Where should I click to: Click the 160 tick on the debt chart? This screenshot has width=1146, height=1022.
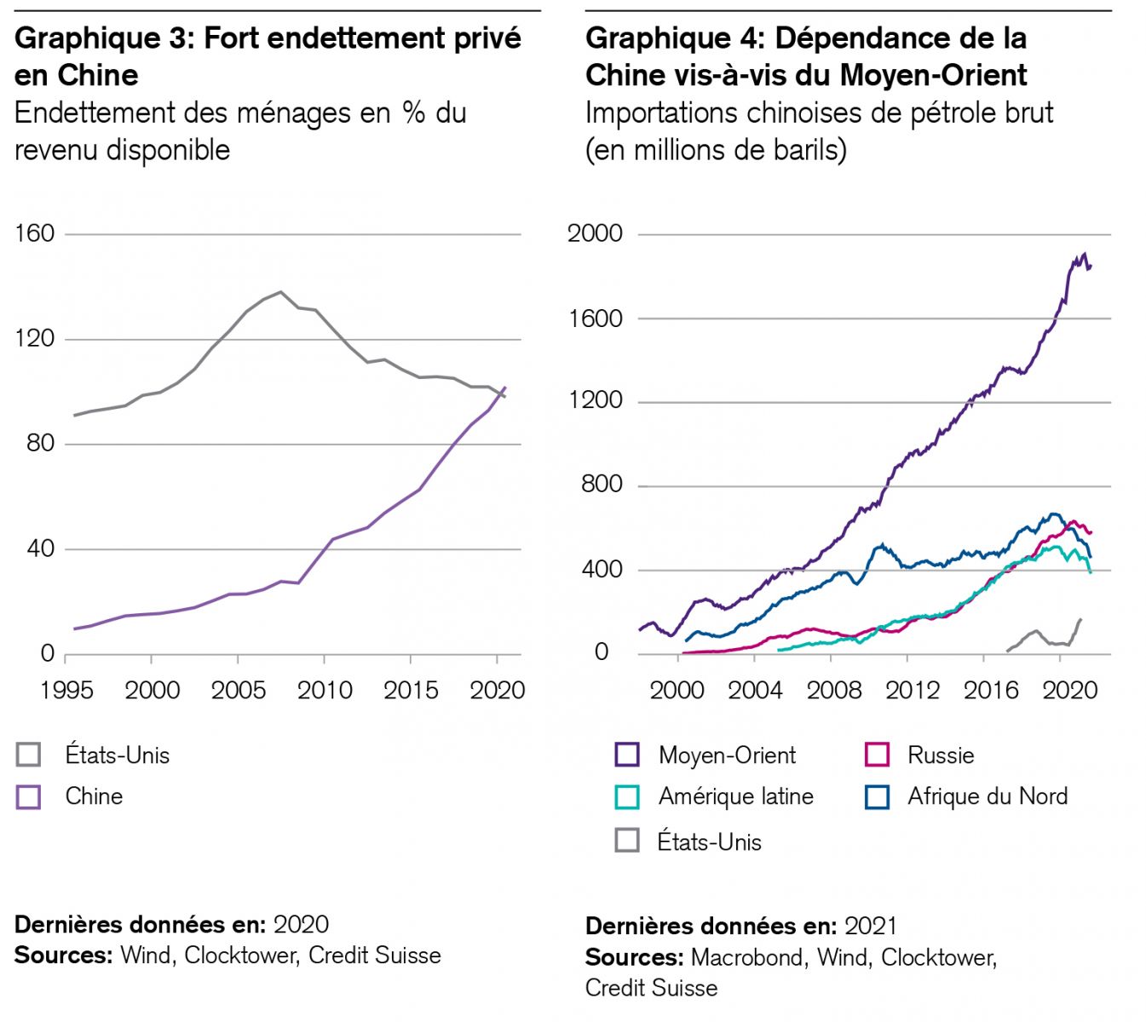(x=34, y=233)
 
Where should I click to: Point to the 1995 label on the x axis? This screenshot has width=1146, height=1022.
(x=66, y=689)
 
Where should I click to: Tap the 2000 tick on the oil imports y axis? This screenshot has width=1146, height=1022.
(x=595, y=233)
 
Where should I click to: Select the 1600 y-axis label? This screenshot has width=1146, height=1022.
(x=595, y=319)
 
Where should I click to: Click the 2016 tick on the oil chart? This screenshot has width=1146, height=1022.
(x=991, y=689)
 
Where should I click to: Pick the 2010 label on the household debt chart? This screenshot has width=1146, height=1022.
(x=325, y=689)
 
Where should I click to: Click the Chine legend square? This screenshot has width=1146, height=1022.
(x=29, y=796)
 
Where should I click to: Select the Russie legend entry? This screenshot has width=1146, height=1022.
(x=941, y=755)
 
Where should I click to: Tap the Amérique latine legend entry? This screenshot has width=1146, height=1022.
(x=735, y=796)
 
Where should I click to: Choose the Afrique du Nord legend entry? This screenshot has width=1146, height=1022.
(x=987, y=796)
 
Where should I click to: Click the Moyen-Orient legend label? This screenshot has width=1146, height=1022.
(x=727, y=755)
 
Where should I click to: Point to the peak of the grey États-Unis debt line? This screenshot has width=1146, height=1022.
(x=281, y=292)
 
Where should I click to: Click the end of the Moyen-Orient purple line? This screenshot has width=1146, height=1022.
(x=1091, y=267)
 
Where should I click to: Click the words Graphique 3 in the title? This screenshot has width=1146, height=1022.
(x=103, y=38)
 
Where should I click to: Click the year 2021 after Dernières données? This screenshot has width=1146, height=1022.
(x=870, y=926)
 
